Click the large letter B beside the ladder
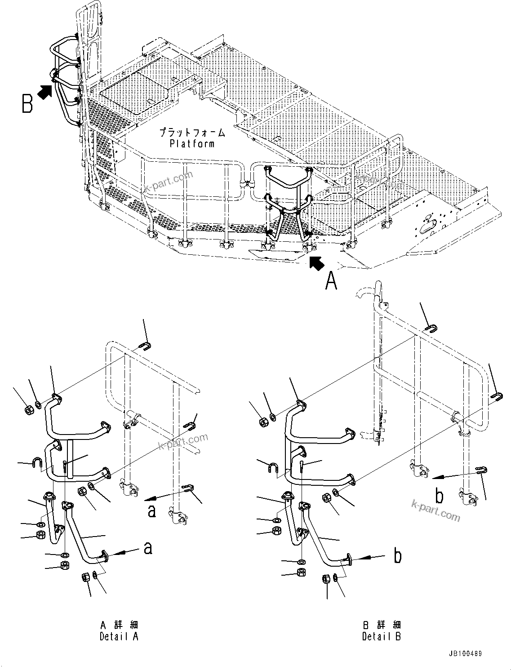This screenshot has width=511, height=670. [x=27, y=103]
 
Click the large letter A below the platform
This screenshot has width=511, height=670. [x=331, y=281]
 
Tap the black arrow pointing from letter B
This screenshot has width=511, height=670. [x=45, y=92]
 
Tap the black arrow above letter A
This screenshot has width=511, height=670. [x=316, y=263]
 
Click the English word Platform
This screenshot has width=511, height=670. [x=192, y=144]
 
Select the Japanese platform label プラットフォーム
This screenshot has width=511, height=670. [x=192, y=133]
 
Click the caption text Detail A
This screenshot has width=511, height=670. [x=119, y=636]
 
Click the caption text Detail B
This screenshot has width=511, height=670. [x=382, y=636]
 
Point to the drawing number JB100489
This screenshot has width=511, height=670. [x=464, y=654]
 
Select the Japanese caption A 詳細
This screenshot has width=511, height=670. [x=119, y=625]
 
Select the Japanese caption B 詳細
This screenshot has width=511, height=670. [x=382, y=625]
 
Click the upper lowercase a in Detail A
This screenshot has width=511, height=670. [x=152, y=511]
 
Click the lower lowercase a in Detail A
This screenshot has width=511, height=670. [x=147, y=548]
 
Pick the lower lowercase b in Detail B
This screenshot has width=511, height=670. [x=397, y=556]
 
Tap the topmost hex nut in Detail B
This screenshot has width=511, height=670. [x=263, y=422]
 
